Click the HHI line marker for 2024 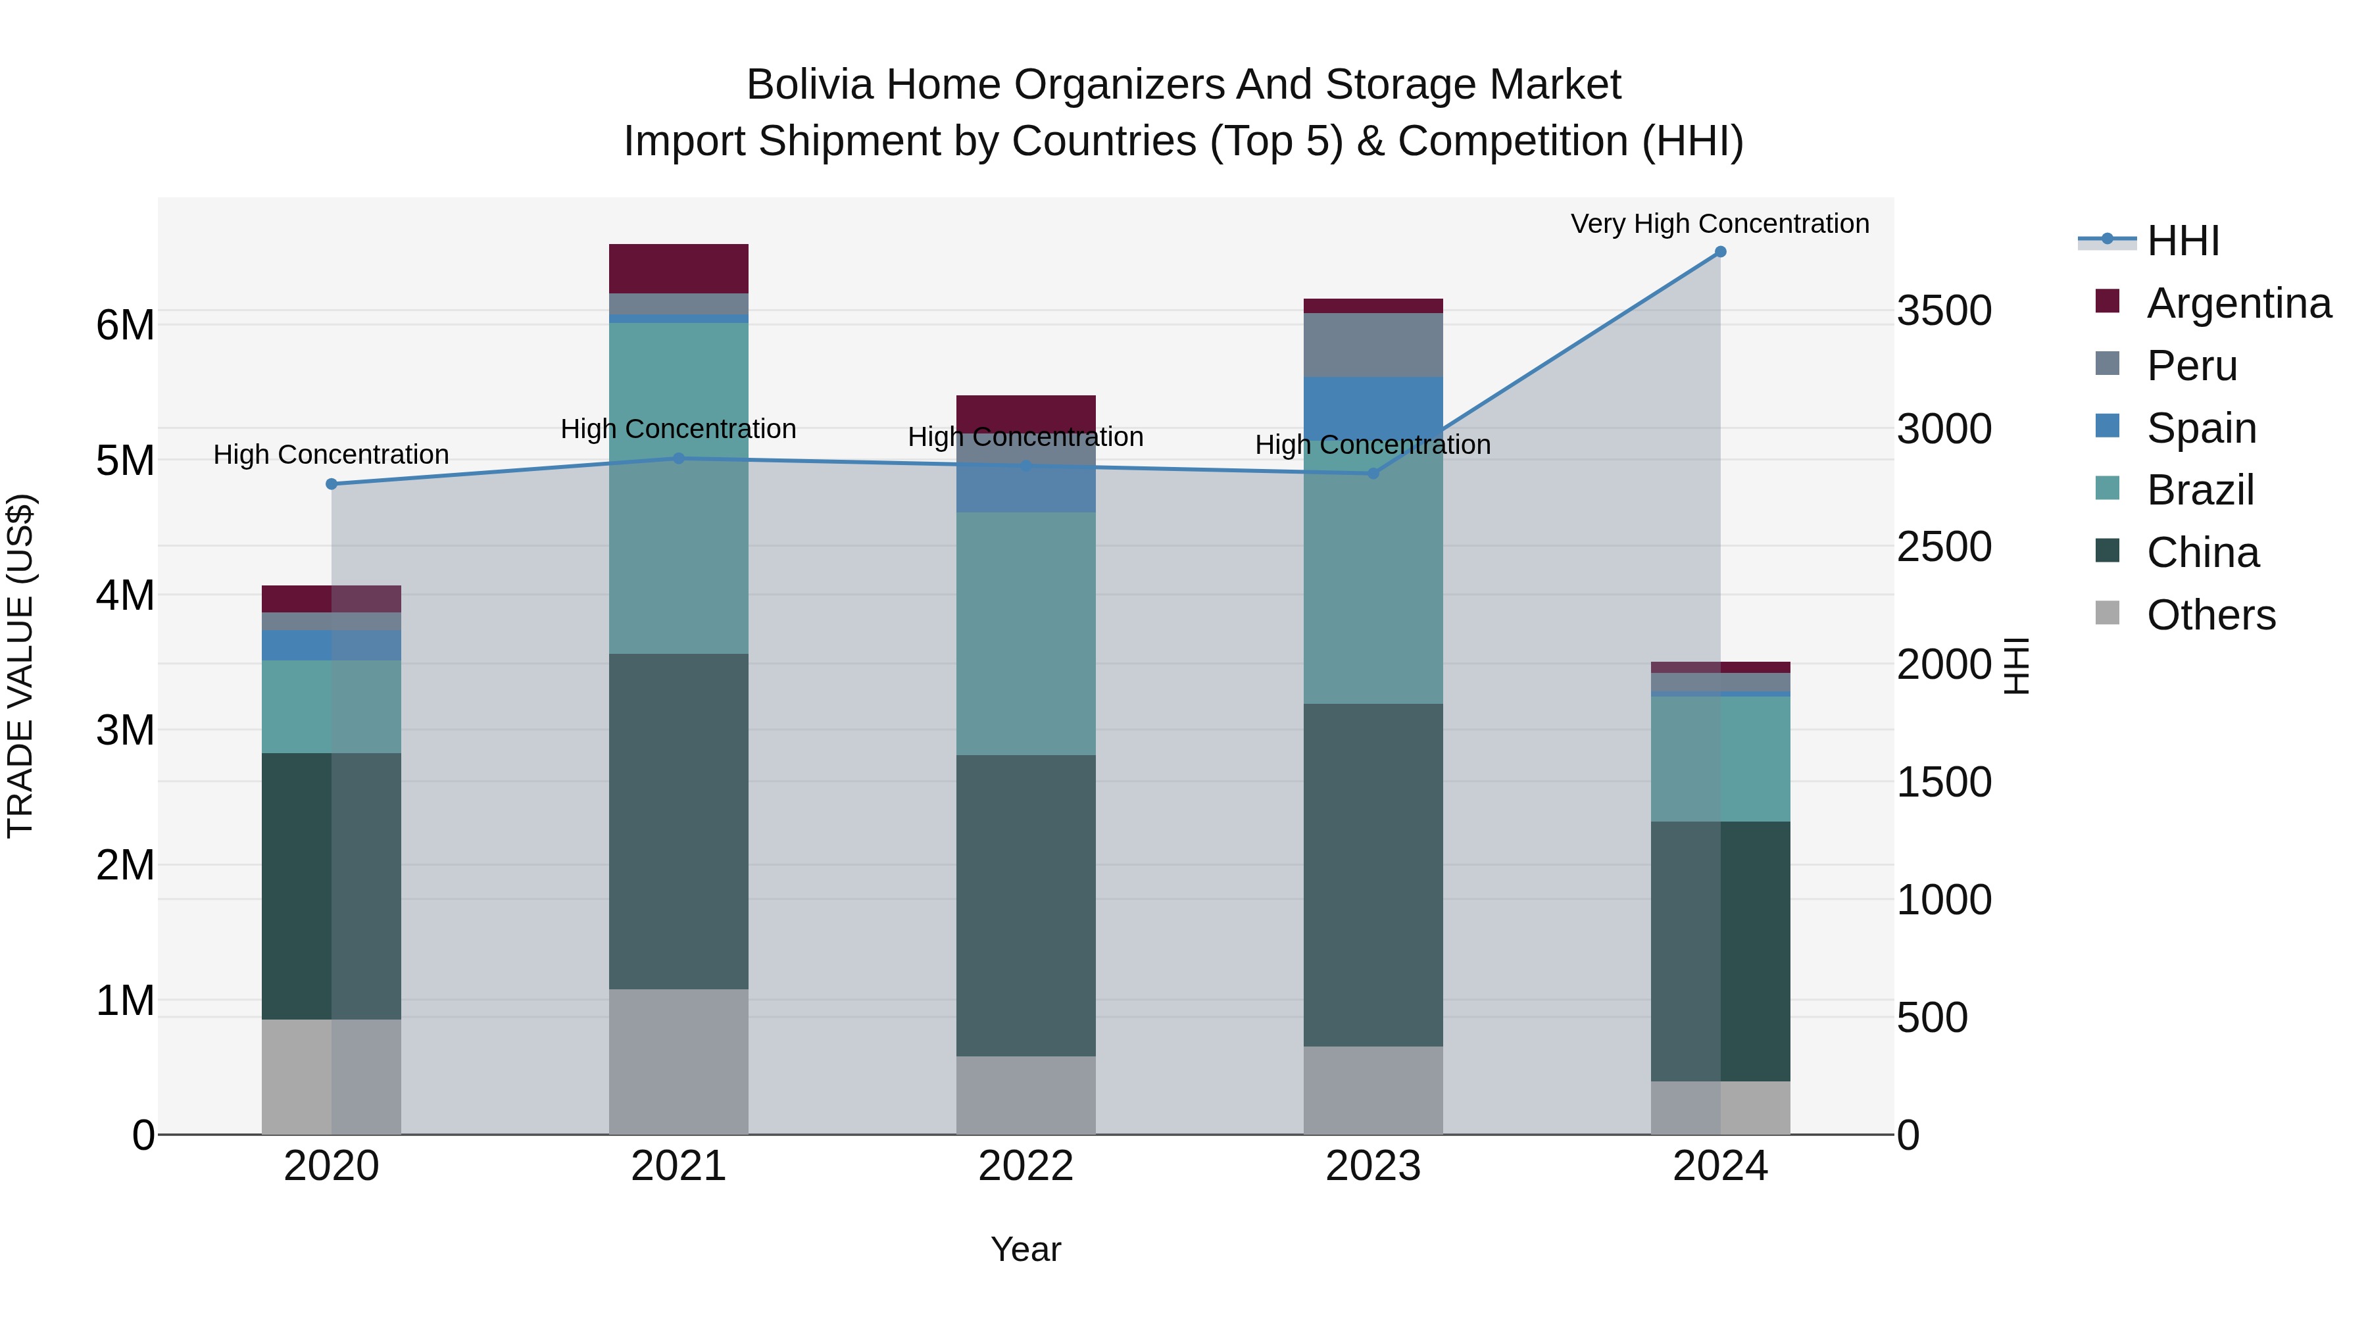(x=1720, y=252)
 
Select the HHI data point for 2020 (x=332, y=484)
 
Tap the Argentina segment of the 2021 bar (x=678, y=268)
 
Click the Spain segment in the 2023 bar (x=1373, y=405)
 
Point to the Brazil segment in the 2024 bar (x=1720, y=758)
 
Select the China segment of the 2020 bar (x=332, y=886)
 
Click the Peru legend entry (x=2192, y=366)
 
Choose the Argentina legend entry (x=2238, y=303)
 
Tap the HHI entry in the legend (x=2183, y=241)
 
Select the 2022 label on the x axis (x=1026, y=1166)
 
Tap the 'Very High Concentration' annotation (x=1720, y=224)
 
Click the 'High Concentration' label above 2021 (x=678, y=430)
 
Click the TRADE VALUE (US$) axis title (x=20, y=666)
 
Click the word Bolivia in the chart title (x=809, y=85)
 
